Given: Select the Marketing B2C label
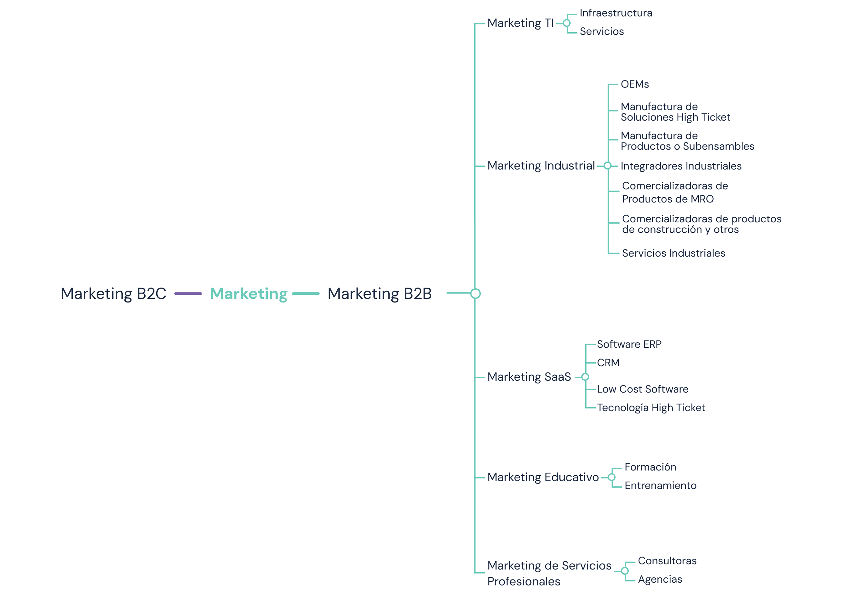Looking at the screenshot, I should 113,294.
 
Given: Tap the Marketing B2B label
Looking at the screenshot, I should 379,294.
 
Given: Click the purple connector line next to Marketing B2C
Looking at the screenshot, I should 188,293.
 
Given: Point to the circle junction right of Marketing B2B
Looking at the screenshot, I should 475,293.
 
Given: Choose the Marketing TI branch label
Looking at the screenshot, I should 520,23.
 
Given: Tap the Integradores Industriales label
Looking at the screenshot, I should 681,166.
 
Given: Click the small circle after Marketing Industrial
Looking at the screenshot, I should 608,166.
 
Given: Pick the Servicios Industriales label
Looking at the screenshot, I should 673,253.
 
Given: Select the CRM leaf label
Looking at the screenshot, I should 608,363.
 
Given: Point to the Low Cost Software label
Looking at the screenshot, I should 642,389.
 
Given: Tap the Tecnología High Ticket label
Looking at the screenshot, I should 651,408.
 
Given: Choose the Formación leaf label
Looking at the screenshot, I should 650,467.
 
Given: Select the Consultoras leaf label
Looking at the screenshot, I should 667,561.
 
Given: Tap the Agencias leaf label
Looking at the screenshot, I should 660,580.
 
